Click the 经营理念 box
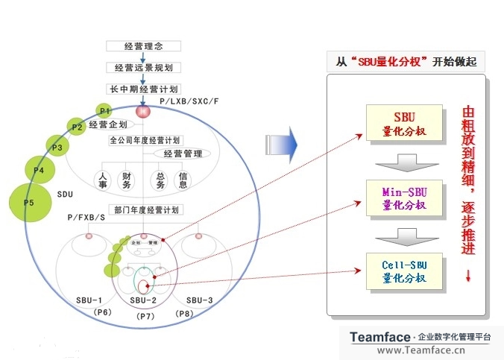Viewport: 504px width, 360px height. pos(144,46)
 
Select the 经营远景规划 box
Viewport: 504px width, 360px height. pos(144,67)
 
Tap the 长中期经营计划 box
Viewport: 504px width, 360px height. pos(144,89)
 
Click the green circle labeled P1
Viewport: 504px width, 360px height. pos(105,110)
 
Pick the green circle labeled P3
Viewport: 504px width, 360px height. pos(57,147)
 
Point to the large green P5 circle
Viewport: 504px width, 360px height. pos(28,201)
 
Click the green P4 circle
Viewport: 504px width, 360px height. pos(39,170)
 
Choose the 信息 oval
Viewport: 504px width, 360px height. pos(183,179)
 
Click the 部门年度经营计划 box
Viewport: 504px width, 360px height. pos(145,209)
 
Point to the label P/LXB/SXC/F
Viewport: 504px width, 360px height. pos(189,100)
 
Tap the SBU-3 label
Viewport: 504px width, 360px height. pos(200,300)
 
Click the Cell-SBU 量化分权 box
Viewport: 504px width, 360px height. pos(403,271)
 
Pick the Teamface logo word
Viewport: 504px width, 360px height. pos(380,337)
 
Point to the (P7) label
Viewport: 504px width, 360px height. pos(146,316)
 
